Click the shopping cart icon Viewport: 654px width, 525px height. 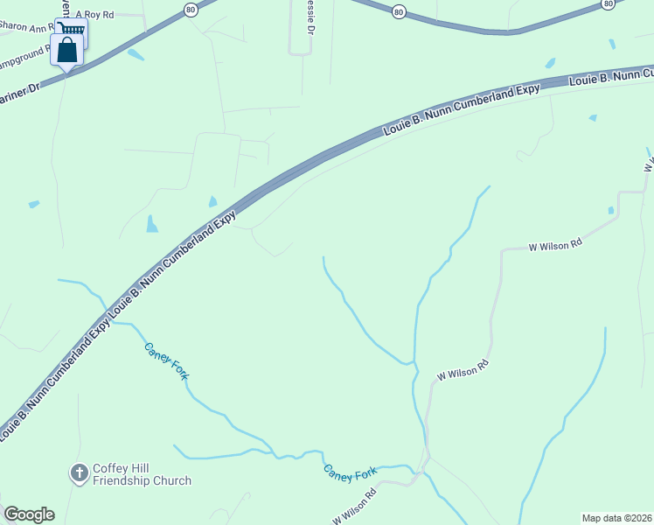tap(73, 29)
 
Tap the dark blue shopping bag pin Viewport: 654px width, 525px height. tap(67, 51)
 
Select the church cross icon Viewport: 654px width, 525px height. tap(79, 473)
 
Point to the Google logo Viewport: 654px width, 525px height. tap(29, 514)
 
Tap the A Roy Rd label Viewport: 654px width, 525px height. tap(95, 15)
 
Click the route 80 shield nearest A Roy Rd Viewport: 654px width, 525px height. tap(191, 9)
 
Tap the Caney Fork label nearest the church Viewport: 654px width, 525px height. tap(166, 360)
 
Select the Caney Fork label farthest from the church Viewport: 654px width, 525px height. tap(351, 472)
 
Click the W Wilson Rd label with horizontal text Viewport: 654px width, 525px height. tap(555, 247)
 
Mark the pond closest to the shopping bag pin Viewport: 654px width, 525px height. tap(136, 54)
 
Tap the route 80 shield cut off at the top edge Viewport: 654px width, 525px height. tap(609, 3)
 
